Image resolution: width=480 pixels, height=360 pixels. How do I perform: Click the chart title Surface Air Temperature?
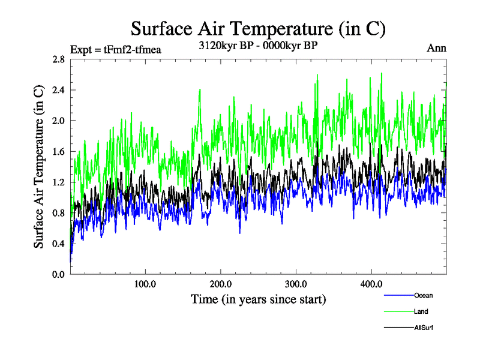(x=258, y=29)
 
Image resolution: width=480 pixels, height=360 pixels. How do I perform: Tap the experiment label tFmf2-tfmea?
(x=116, y=50)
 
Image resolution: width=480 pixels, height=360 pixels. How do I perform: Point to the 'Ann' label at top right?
(x=436, y=49)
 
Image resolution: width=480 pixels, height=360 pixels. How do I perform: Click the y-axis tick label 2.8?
(x=59, y=59)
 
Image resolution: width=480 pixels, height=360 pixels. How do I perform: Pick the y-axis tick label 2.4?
(x=59, y=90)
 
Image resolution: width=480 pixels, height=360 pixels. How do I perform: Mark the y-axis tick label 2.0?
(x=59, y=121)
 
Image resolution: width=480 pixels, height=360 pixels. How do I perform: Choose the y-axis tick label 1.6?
(x=59, y=151)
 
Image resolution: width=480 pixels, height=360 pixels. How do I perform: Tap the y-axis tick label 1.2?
(x=59, y=182)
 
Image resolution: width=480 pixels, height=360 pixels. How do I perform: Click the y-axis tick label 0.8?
(x=59, y=212)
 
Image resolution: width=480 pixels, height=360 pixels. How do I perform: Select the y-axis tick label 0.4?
(x=59, y=243)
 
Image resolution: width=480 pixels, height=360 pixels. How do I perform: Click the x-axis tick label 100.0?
(x=145, y=284)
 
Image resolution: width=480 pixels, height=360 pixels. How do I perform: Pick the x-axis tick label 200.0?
(x=221, y=284)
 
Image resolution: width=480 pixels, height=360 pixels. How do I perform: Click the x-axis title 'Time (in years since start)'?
(x=258, y=299)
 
